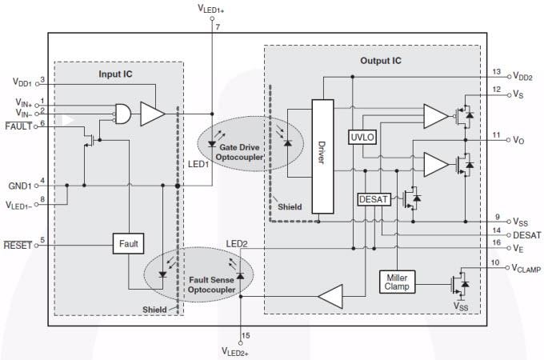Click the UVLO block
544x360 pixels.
click(x=362, y=137)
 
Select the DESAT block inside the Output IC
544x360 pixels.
click(x=372, y=200)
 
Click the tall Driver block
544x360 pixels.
click(x=322, y=157)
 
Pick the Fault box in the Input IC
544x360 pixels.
click(x=129, y=244)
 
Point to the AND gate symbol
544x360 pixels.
click(x=124, y=114)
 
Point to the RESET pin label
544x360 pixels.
click(x=17, y=246)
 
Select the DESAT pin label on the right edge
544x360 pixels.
click(x=527, y=235)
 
